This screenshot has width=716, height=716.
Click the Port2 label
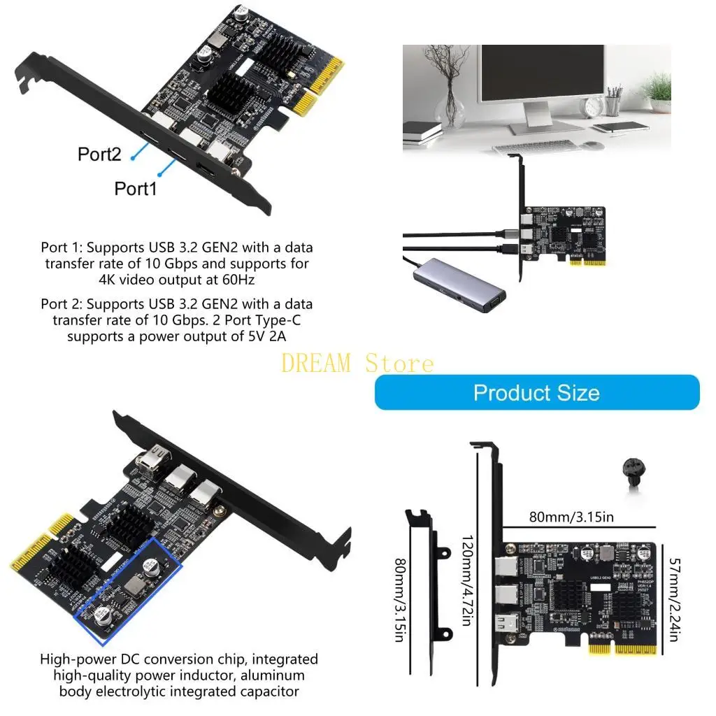pos(99,155)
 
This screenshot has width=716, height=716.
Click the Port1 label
pos(136,188)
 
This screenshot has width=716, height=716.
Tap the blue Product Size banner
pos(536,392)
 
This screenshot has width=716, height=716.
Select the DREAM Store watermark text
pos(357,363)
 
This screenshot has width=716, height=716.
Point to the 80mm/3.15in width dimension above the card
pos(571,517)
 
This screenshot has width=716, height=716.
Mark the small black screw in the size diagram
pos(631,475)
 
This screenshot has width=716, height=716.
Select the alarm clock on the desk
pos(594,106)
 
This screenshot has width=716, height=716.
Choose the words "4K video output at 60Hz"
pos(178,279)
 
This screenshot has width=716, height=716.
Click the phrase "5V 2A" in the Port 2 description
pos(275,336)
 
